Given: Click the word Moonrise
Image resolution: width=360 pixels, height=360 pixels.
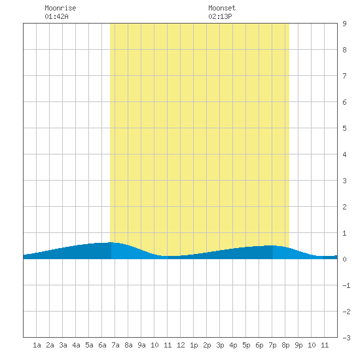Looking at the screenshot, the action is pos(60,8).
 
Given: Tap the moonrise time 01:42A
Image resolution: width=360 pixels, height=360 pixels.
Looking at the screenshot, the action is pos(56,16).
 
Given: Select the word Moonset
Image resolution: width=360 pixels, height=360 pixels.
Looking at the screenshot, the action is pos(222,8).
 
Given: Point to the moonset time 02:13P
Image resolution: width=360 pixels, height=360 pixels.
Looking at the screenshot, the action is pos(220,16).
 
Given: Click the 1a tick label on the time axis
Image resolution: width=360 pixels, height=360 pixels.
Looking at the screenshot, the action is pos(37,345).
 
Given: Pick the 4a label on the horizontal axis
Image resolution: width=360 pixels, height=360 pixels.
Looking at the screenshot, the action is pos(76,345).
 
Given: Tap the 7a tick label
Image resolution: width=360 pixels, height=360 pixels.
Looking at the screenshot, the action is pos(115,345).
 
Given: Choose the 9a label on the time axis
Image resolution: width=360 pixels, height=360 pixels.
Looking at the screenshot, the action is pos(141,345).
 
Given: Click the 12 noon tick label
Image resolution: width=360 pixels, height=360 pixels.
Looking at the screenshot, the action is pos(181,345).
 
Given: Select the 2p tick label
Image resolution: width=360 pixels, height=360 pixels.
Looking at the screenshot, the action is pos(207,345).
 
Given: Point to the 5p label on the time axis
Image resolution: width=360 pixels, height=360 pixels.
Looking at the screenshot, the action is pos(246,345).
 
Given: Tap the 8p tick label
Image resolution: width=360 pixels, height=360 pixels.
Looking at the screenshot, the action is pos(285,345).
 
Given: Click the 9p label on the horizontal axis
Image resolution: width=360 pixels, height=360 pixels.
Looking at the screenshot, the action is pos(298,345).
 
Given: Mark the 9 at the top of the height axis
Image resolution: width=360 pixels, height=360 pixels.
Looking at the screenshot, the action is pos(344,24).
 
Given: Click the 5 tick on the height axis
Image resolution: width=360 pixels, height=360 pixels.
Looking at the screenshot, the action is pos(344,128).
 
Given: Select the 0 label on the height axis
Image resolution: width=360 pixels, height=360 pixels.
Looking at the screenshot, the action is pos(344,259).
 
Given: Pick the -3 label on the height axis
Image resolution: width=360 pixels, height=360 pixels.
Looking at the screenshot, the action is pos(346,338).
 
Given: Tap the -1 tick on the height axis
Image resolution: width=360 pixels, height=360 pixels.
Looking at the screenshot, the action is pos(346,285).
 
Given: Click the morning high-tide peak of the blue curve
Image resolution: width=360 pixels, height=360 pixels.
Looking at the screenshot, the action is pos(111,242).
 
